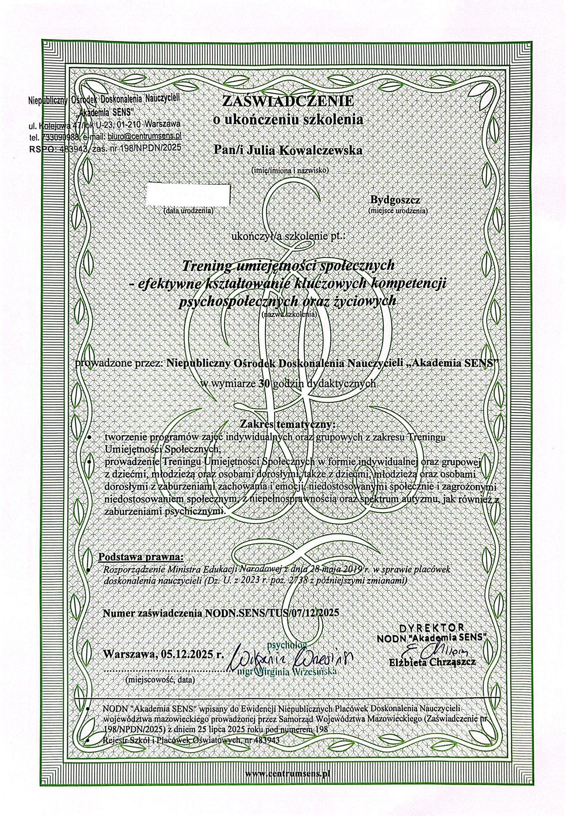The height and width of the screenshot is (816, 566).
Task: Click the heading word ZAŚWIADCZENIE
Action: [288, 101]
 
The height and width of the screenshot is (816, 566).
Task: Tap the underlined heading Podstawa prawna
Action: [140, 556]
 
